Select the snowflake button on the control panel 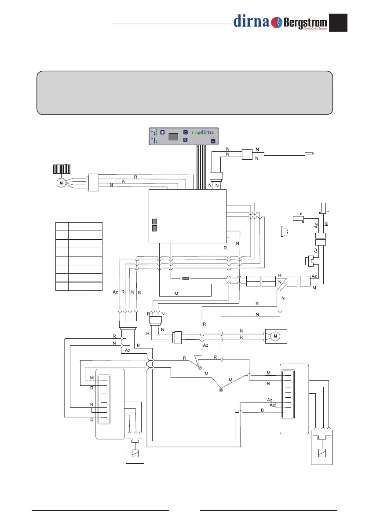pyautogui.click(x=161, y=132)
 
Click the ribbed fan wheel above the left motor pyautogui.click(x=62, y=169)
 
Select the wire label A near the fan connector pyautogui.click(x=123, y=181)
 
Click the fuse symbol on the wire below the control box pyautogui.click(x=187, y=278)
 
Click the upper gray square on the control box pyautogui.click(x=154, y=221)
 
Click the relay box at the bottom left pyautogui.click(x=135, y=448)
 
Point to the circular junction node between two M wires pyautogui.click(x=221, y=390)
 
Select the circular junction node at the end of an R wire pyautogui.click(x=199, y=367)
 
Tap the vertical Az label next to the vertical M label pyautogui.click(x=316, y=224)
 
